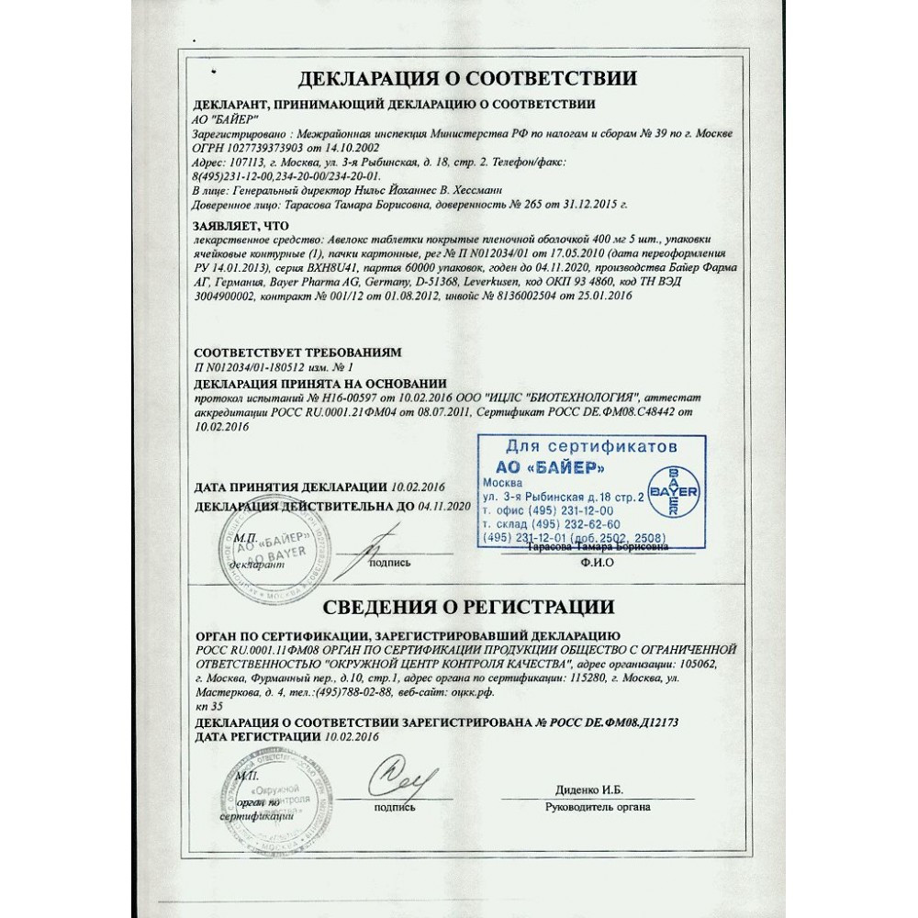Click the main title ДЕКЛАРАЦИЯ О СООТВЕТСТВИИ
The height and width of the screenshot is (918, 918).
click(462, 78)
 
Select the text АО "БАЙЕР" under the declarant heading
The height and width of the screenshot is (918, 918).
click(227, 119)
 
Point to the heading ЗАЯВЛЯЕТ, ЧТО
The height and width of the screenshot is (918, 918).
click(241, 225)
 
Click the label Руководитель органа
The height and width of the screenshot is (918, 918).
click(597, 807)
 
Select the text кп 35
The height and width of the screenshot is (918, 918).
click(209, 706)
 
